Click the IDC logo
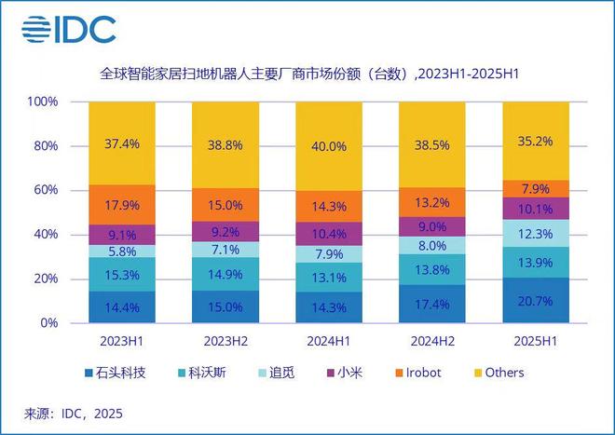[x=70, y=29]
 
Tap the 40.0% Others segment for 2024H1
[x=329, y=146]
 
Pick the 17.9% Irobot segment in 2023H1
[x=122, y=206]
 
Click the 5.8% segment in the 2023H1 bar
[x=122, y=251]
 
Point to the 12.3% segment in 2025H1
[x=535, y=233]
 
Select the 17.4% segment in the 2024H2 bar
[x=431, y=304]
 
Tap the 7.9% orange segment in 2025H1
[x=535, y=189]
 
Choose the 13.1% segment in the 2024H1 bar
[x=329, y=277]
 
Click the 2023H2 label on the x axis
[x=225, y=340]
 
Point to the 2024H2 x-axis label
[x=431, y=340]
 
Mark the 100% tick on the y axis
[x=44, y=102]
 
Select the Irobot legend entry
[x=413, y=373]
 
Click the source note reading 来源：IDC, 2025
[x=73, y=412]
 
